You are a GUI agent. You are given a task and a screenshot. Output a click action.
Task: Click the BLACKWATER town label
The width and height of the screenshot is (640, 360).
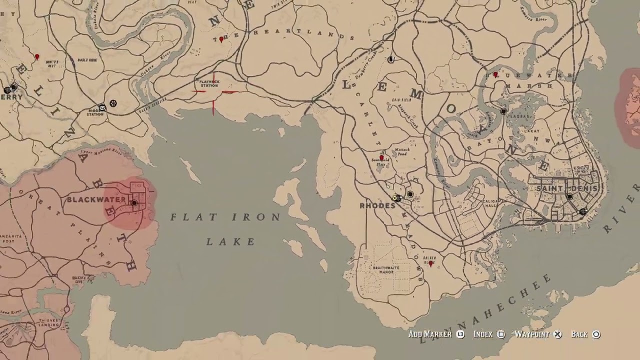[x=96, y=200]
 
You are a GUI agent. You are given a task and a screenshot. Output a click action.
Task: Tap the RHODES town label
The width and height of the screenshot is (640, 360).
[x=377, y=205]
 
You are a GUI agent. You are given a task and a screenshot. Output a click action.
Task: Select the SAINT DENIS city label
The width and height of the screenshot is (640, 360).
[x=566, y=188]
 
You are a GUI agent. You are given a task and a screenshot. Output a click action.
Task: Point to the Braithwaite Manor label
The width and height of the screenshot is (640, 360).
[x=386, y=269]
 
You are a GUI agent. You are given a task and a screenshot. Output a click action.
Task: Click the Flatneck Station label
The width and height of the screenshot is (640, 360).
[x=209, y=83]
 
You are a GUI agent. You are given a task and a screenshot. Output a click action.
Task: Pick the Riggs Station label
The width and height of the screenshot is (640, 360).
[x=95, y=112]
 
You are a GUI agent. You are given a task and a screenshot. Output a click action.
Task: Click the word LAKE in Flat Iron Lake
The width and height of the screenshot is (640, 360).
[x=231, y=242]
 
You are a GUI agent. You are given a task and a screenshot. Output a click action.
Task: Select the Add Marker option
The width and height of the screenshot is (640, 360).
[x=430, y=334]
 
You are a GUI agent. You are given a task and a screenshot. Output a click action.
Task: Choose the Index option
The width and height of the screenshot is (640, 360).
[x=483, y=334]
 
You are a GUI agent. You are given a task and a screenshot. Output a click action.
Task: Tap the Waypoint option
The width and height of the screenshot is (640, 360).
[x=532, y=334]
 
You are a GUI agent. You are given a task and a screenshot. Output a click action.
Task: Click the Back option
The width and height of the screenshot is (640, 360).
[x=579, y=334]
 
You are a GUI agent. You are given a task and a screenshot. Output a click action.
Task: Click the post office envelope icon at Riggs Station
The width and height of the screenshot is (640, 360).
[x=102, y=107]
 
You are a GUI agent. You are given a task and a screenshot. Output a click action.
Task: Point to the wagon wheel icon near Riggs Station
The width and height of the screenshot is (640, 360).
[x=113, y=103]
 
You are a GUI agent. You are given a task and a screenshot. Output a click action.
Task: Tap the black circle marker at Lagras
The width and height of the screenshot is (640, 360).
[x=503, y=111]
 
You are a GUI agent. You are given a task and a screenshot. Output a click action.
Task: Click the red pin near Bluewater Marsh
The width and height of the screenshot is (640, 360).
[x=495, y=74]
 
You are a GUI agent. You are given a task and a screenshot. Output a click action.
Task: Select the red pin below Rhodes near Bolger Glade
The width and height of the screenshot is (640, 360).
[x=431, y=263]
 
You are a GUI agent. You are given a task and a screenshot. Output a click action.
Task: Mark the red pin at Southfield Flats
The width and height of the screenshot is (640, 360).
[x=382, y=158]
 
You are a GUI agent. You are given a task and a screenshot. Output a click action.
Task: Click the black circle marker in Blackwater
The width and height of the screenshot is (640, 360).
[x=134, y=202]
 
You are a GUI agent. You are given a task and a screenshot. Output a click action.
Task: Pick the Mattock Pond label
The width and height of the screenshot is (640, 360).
[x=402, y=151]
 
